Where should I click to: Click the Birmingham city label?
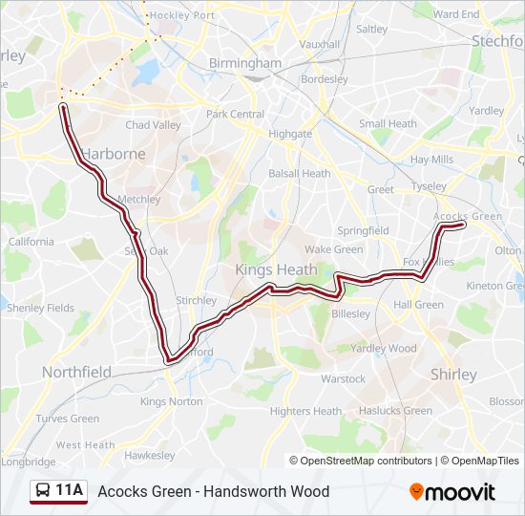click(x=245, y=64)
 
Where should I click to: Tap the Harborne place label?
click(x=114, y=153)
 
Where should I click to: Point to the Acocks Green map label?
click(x=467, y=216)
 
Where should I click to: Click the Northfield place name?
click(x=76, y=372)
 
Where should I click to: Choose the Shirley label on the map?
click(x=453, y=375)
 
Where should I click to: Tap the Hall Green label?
click(x=418, y=305)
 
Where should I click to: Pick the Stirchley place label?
click(x=196, y=300)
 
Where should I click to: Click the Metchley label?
click(x=138, y=200)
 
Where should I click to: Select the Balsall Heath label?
click(x=299, y=174)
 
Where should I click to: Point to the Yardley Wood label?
click(x=384, y=349)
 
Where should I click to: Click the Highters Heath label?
click(x=304, y=411)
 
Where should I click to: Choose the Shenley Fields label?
click(x=40, y=308)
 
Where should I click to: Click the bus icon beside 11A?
click(x=43, y=491)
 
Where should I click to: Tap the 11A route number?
click(x=69, y=491)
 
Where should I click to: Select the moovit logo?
click(x=452, y=492)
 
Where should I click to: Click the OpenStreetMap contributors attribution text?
click(x=366, y=461)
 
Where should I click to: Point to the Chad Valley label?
click(x=153, y=125)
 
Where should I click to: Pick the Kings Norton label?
click(x=166, y=401)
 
